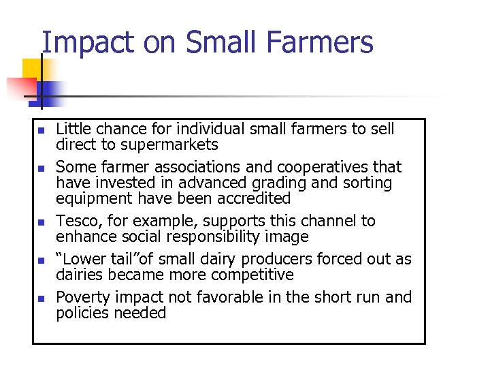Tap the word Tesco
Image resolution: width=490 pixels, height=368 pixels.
click(x=77, y=221)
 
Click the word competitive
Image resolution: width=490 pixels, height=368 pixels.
click(x=251, y=275)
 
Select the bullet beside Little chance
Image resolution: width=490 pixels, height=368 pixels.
click(x=40, y=130)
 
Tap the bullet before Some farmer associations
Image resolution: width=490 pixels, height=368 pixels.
click(x=40, y=168)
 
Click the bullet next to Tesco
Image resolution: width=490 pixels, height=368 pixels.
click(x=40, y=222)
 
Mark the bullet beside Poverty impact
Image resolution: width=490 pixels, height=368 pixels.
click(x=40, y=298)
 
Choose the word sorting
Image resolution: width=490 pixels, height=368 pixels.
click(x=368, y=183)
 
